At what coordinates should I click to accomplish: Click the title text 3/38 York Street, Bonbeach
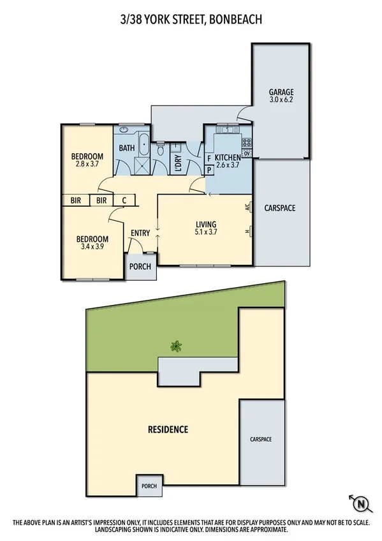(191, 20)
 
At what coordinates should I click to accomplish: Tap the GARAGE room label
(281, 91)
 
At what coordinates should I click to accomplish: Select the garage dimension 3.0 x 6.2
(281, 100)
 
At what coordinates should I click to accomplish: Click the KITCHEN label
(227, 158)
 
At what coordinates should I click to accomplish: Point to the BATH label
(126, 149)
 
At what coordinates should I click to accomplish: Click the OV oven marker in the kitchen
(247, 153)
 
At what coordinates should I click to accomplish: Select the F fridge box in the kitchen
(209, 159)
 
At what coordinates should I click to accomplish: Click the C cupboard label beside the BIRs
(124, 200)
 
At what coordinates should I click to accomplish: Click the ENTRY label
(140, 233)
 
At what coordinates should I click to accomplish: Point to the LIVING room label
(206, 225)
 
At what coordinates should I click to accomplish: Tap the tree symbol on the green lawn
(176, 346)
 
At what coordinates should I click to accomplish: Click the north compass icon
(360, 503)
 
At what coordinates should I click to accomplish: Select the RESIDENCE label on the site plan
(168, 429)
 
